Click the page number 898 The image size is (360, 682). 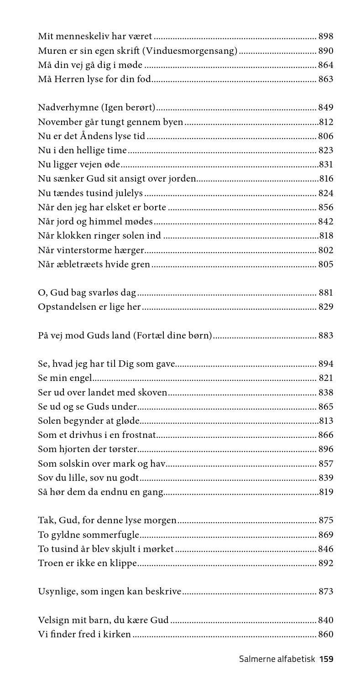click(x=326, y=36)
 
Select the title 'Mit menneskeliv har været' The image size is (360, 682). click(x=95, y=36)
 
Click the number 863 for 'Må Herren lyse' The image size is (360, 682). click(x=326, y=79)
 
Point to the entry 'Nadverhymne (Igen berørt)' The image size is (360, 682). click(x=97, y=108)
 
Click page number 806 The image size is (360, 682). click(x=326, y=136)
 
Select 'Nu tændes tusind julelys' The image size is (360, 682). click(x=90, y=193)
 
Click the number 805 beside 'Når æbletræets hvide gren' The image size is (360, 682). click(x=326, y=265)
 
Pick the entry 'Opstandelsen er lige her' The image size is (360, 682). click(x=89, y=307)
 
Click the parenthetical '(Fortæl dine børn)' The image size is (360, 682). click(x=173, y=336)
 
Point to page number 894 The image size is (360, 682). click(x=326, y=364)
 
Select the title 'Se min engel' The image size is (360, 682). click(x=65, y=378)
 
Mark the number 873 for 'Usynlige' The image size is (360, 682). click(x=326, y=592)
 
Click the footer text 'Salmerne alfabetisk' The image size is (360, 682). click(x=277, y=659)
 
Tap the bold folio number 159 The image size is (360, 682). click(x=326, y=659)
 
